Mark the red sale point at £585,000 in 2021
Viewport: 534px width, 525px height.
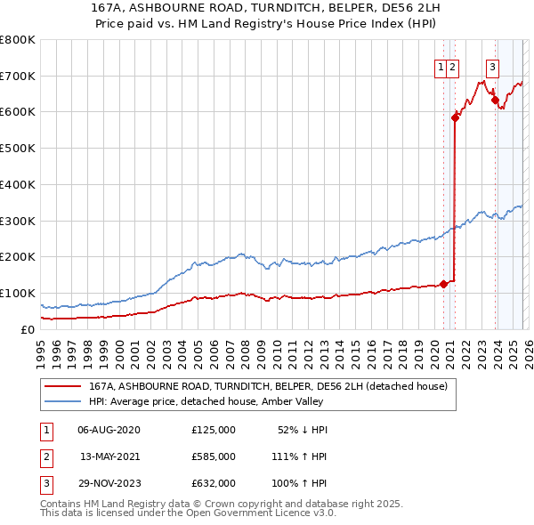click(455, 117)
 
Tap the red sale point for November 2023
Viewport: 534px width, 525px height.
click(495, 101)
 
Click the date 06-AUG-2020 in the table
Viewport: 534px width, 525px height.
click(109, 430)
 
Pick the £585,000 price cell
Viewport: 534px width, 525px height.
click(214, 456)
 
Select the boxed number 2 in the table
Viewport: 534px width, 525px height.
click(45, 456)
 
